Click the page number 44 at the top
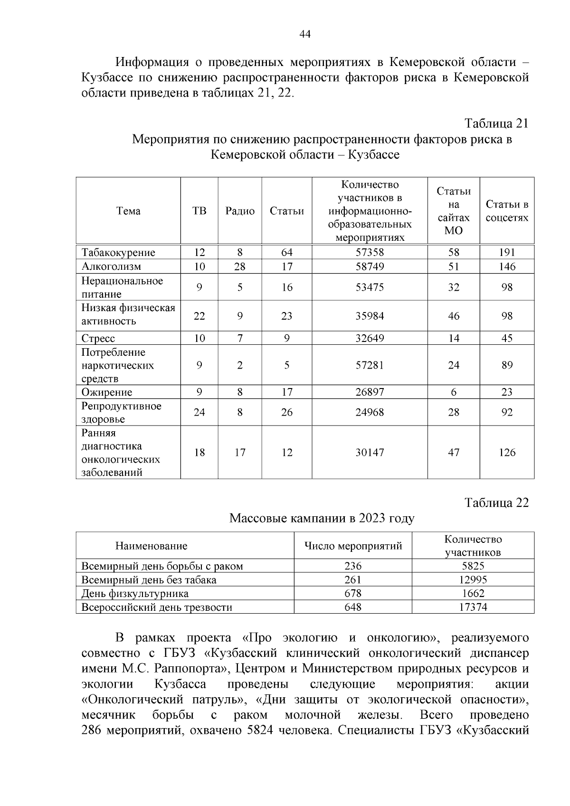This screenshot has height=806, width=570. coord(304,34)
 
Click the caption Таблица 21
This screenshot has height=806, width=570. coord(496,123)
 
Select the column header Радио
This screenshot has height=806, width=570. coord(240,211)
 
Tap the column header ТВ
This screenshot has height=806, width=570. coord(199,211)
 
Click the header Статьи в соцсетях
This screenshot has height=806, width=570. coord(507,211)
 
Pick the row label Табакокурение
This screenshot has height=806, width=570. coord(118,253)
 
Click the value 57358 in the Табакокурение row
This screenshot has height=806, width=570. coord(370,253)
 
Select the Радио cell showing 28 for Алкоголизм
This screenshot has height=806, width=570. coord(240,266)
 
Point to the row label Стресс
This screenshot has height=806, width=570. coord(98,339)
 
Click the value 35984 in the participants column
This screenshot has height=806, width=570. coord(370,316)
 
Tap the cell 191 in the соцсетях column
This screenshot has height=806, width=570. coord(507,253)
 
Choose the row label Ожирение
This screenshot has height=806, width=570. coord(107,392)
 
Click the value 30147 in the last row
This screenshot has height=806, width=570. coord(370,453)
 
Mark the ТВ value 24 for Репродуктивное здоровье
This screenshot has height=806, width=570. coord(199,412)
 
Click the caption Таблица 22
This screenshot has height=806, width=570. coord(496,503)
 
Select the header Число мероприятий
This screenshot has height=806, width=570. coord(353,546)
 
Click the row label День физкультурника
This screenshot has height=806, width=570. coord(135,594)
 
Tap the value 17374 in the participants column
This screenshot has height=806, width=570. coord(473,607)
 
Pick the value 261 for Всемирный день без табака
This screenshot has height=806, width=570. coord(353,580)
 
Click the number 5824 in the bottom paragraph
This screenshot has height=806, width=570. coord(260,730)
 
